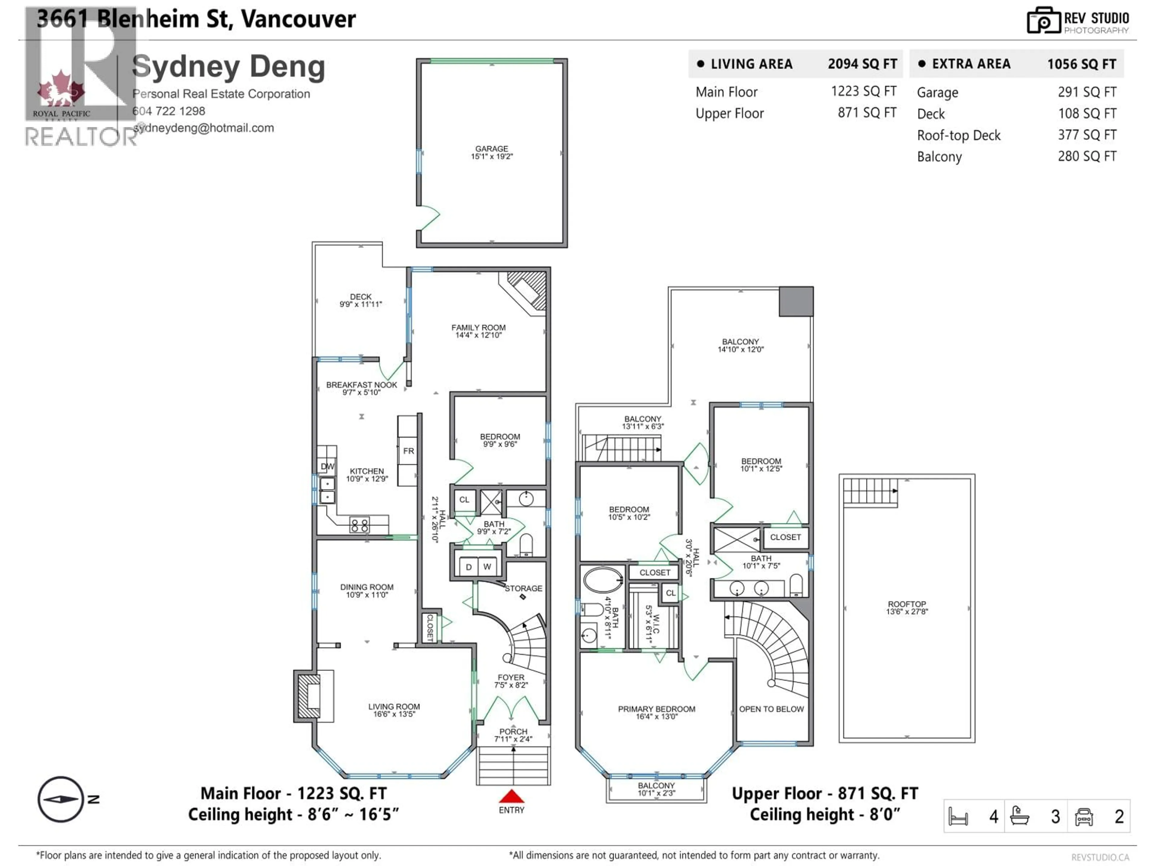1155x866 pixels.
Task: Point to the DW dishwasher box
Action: [327, 466]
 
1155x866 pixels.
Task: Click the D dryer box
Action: [468, 567]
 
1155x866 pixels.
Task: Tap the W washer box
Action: [487, 567]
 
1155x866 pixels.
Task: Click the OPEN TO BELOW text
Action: [771, 709]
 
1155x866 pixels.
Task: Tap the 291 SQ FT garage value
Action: [1087, 92]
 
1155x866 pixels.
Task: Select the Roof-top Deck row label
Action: [959, 136]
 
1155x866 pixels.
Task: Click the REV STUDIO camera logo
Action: [1043, 21]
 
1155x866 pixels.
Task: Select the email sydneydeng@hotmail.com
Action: [204, 128]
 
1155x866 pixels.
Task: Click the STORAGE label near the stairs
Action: [523, 588]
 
